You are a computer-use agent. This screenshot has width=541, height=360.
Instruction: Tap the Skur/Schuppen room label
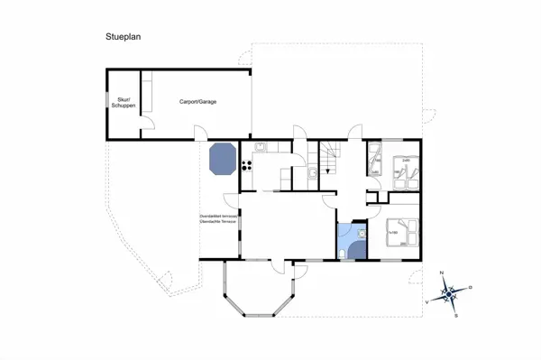125,103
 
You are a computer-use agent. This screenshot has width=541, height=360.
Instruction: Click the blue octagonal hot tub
223,161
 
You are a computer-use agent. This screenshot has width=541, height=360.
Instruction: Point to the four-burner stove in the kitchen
245,164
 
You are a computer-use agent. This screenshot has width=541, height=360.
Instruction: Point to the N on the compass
441,272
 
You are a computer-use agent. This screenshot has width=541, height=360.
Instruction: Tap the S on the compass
457,315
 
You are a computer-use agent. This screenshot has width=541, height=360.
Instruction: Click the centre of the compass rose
449,293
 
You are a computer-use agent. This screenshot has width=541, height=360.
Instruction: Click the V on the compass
426,303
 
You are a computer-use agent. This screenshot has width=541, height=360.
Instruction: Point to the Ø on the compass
471,286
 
